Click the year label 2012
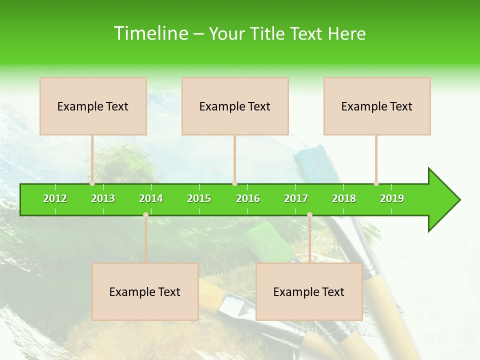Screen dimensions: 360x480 (x=55, y=198)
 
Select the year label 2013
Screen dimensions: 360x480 (x=103, y=198)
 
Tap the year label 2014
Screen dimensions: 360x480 (x=151, y=198)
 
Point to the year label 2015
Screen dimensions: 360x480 (x=199, y=198)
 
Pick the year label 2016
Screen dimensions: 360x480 (x=248, y=198)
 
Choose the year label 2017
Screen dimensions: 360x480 (x=296, y=198)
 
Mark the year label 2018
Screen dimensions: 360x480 (x=344, y=198)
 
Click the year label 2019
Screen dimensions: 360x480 (x=392, y=198)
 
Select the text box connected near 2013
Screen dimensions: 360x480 (x=93, y=106)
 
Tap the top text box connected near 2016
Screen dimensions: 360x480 (x=235, y=106)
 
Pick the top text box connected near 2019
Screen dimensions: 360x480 (x=377, y=106)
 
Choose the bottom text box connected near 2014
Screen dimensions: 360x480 (x=145, y=291)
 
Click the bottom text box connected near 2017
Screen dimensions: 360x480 (x=309, y=291)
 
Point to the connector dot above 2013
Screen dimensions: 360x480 (x=92, y=183)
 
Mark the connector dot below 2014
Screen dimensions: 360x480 (x=145, y=214)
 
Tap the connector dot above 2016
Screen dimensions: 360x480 (x=234, y=183)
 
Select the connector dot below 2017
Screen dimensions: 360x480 (x=309, y=214)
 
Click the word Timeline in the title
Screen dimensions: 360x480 (x=150, y=33)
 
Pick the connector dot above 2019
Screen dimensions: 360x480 (x=376, y=183)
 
